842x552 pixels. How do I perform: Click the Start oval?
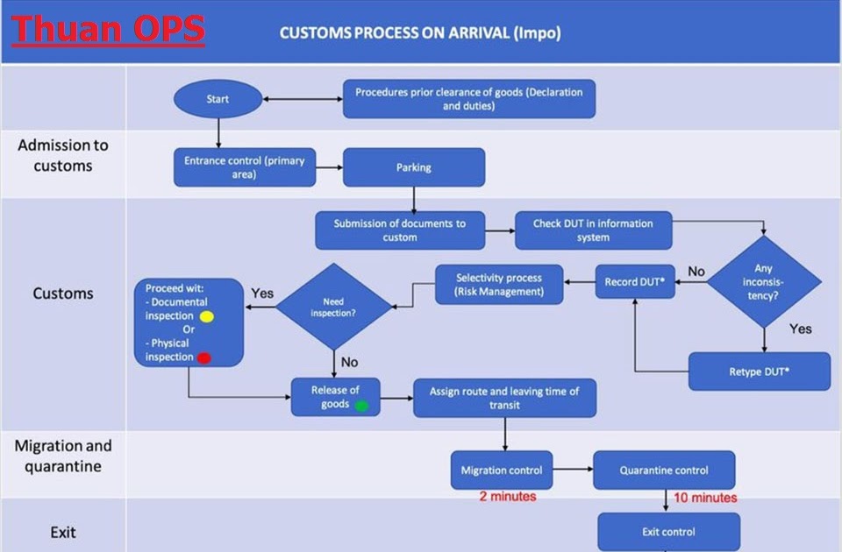click(x=218, y=99)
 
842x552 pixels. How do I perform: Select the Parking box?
click(x=413, y=167)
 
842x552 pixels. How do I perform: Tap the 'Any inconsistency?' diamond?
click(x=764, y=281)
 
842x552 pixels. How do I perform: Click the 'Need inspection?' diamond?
click(x=333, y=307)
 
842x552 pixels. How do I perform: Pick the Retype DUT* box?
click(x=759, y=371)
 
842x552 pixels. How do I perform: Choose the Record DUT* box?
click(x=635, y=282)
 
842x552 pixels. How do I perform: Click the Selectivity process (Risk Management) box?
click(x=499, y=285)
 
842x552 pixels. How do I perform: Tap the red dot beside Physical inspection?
click(x=203, y=357)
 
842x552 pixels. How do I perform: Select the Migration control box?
click(x=502, y=471)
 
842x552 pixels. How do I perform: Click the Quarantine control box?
click(x=664, y=471)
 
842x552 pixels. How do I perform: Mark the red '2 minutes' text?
click(x=507, y=497)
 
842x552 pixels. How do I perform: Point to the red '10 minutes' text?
click(x=705, y=498)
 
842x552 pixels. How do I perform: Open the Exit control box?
click(x=668, y=532)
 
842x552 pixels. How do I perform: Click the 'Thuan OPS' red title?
click(x=108, y=28)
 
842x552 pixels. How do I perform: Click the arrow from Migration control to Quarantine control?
click(x=573, y=471)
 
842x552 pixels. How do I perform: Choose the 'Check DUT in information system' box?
click(x=593, y=230)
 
